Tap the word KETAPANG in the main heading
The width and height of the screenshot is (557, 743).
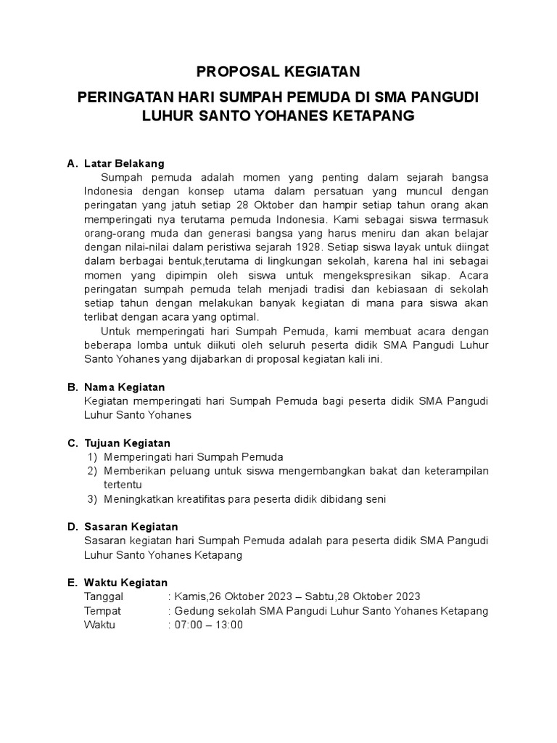pos(376,115)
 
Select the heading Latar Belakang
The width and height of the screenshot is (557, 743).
pos(124,163)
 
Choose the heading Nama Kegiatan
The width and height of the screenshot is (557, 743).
pos(125,387)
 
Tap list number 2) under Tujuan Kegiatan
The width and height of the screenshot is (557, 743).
pos(92,471)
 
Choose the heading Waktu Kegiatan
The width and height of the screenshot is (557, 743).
pos(125,583)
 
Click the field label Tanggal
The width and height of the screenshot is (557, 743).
pos(104,596)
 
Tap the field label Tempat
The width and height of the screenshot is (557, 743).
pos(103,611)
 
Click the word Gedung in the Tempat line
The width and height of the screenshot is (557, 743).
pos(194,611)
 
